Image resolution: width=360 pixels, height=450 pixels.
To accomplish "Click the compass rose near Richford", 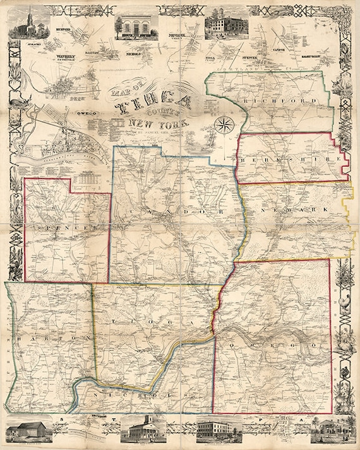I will tap(223, 124).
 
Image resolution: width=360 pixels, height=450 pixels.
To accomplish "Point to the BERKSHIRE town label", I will tap(291, 161).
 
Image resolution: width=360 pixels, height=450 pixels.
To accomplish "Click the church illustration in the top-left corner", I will tap(30, 27).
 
